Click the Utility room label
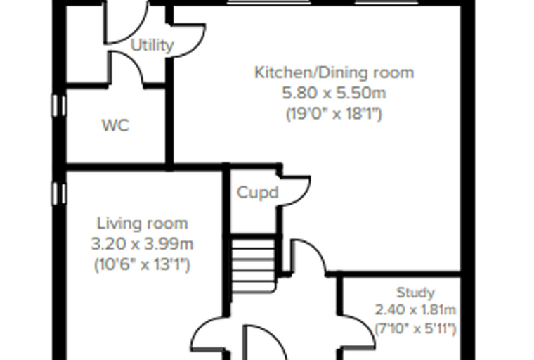tap(152, 45)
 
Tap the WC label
tap(116, 125)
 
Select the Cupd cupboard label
tap(257, 193)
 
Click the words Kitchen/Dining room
tap(334, 72)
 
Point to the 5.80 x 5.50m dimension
tap(334, 93)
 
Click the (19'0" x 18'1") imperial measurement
tap(334, 113)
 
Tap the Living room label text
tap(143, 224)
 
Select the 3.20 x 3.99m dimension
tap(143, 244)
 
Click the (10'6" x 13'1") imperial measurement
tap(142, 264)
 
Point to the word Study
tap(416, 292)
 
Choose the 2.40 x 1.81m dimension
tap(415, 310)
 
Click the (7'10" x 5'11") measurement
tap(415, 328)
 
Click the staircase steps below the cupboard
tap(254, 265)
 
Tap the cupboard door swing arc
tap(305, 194)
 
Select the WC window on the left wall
tap(59, 105)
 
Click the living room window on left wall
tap(59, 193)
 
